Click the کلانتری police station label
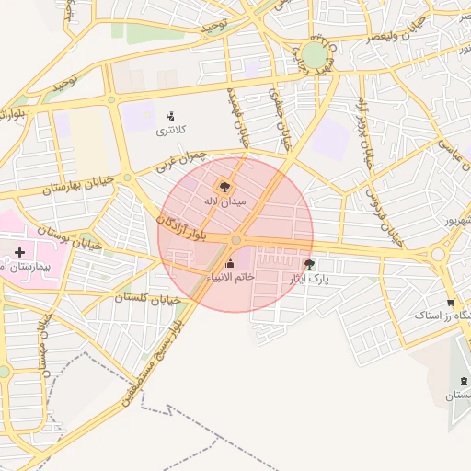168,132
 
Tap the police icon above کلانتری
170,116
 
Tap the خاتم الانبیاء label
231,277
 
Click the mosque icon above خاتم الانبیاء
230,265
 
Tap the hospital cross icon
19,251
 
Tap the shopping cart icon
450,303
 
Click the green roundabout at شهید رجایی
315,55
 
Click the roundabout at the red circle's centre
236,240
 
